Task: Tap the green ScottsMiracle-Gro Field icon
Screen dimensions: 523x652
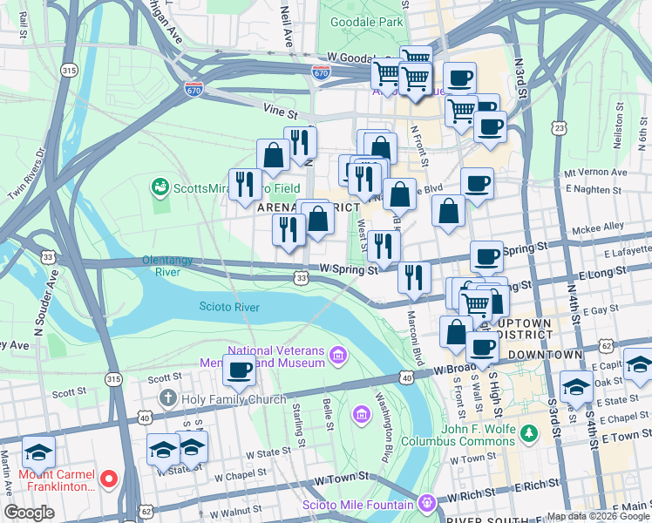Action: coord(160,187)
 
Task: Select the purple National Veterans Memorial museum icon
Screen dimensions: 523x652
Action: coord(337,354)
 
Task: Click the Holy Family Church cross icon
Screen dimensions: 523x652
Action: coord(169,399)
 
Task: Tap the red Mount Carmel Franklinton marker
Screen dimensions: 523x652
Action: coord(109,479)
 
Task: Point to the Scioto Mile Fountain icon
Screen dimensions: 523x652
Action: coord(425,504)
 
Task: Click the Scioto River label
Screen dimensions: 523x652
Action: coord(230,307)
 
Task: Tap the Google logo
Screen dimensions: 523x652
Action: coord(30,513)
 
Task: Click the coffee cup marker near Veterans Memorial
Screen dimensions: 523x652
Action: coord(239,369)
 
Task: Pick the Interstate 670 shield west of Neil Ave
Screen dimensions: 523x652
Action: coord(194,89)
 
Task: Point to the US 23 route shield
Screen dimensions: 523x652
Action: coord(559,127)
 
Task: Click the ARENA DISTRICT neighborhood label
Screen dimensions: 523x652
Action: coord(307,208)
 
